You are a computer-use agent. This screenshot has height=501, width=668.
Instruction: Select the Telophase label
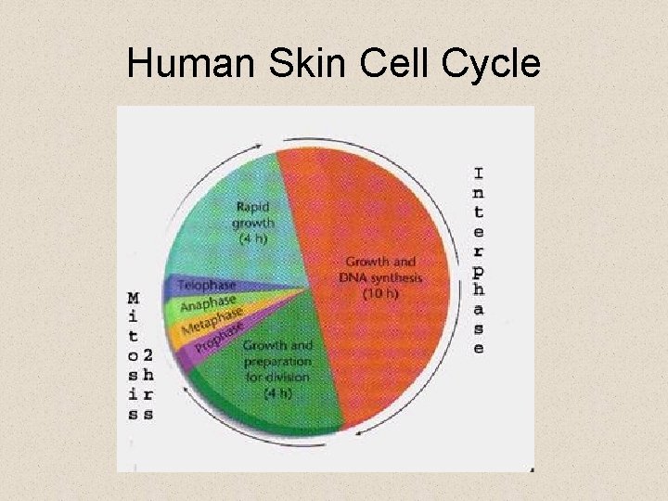coord(206,286)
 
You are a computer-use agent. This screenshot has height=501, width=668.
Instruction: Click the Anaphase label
coord(209,302)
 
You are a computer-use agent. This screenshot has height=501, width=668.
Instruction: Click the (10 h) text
coord(380,294)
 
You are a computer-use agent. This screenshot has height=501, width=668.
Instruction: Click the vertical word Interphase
coord(479,261)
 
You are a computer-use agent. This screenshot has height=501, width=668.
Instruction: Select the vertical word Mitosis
coord(134,357)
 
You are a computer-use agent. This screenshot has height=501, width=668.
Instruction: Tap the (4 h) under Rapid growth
coord(252,238)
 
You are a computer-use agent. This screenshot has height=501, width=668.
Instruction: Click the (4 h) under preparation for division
coord(277,392)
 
